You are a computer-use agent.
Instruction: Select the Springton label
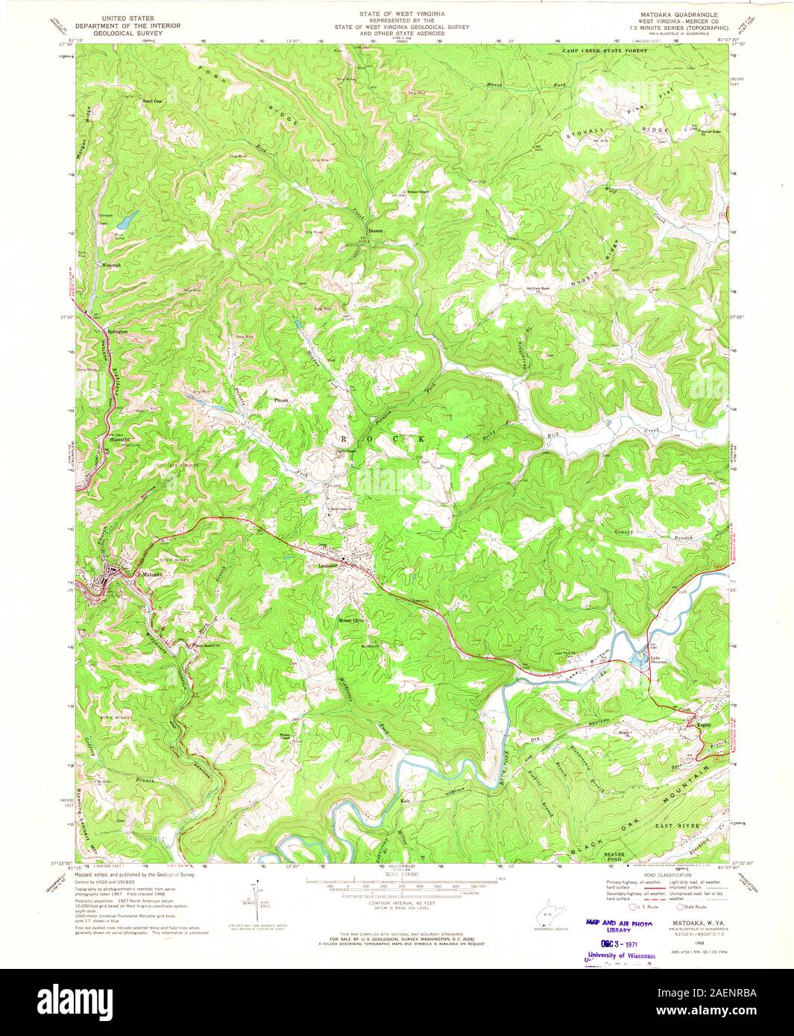tap(118, 331)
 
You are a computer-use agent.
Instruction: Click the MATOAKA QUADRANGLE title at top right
tap(674, 14)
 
